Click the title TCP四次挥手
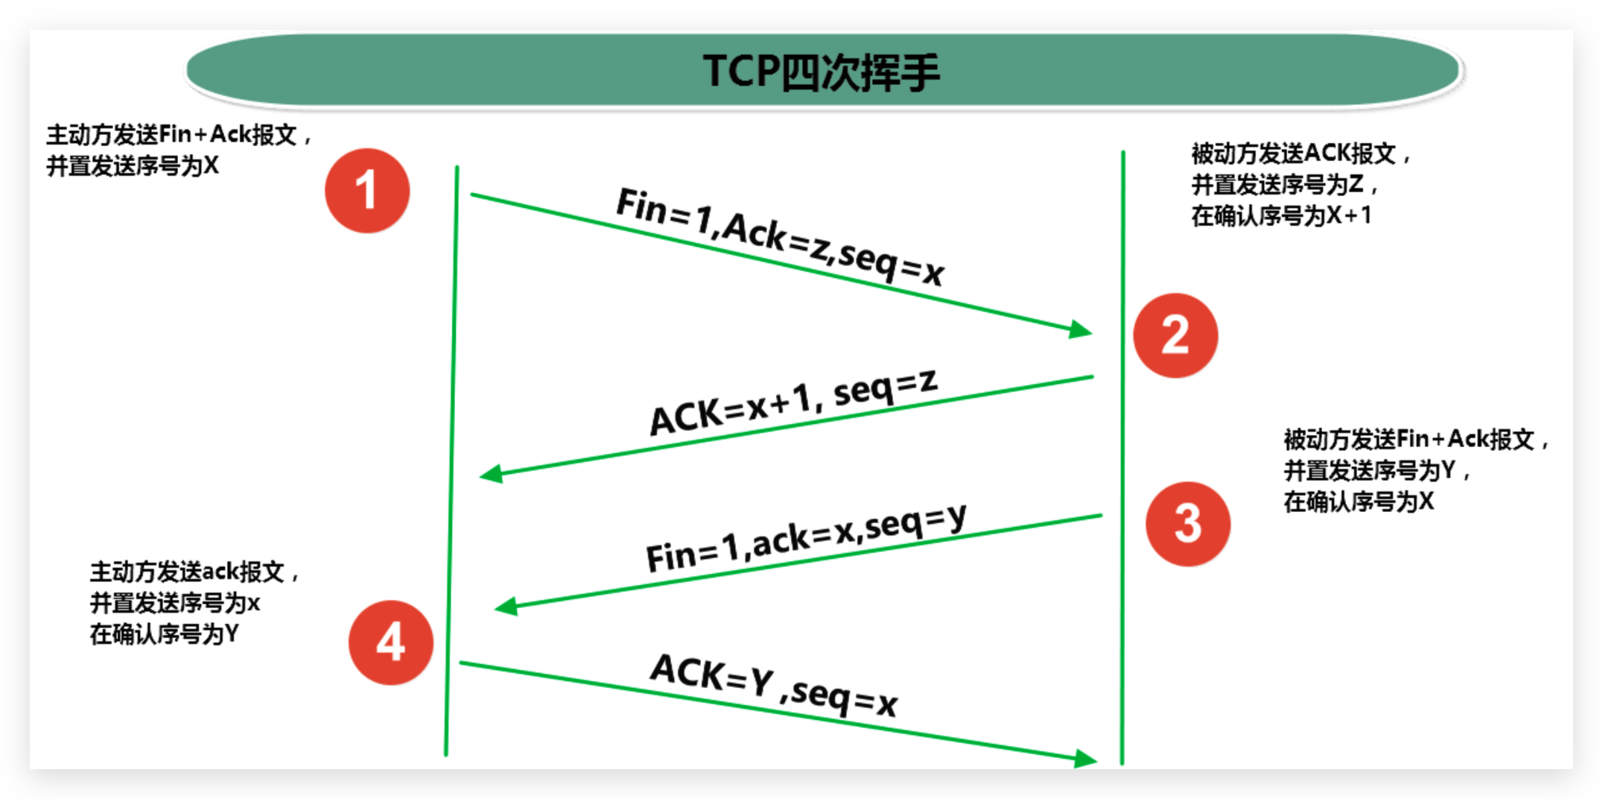821,72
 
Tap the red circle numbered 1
367,191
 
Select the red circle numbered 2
1175,335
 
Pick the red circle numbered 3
1187,523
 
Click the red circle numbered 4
390,642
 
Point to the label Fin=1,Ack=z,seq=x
780,236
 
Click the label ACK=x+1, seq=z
793,402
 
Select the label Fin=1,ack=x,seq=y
806,538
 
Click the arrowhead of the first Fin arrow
1081,329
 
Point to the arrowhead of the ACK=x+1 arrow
491,473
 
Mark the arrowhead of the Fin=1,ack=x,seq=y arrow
507,607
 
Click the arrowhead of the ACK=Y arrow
1086,759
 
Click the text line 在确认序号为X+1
1280,215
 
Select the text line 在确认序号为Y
165,634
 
